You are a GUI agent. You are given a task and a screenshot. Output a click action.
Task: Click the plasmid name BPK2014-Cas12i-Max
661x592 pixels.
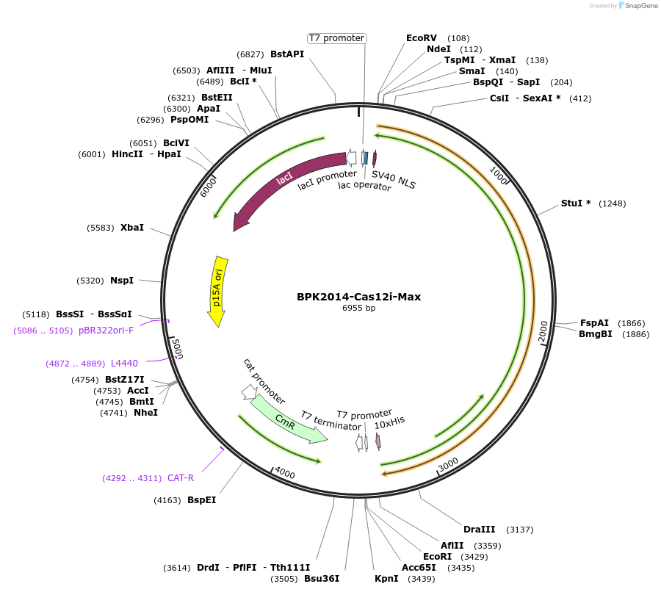coord(358,297)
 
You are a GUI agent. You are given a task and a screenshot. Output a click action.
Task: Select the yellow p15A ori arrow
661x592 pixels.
coord(217,290)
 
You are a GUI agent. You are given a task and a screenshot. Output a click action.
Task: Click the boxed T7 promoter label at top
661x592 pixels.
coord(336,38)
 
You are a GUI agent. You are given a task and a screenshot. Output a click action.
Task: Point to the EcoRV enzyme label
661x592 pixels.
coord(422,38)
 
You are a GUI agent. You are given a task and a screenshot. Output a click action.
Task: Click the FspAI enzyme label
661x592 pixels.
coord(594,323)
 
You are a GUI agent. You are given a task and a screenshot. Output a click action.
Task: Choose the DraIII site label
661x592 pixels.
coord(479,530)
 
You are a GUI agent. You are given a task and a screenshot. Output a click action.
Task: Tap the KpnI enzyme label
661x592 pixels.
coord(386,579)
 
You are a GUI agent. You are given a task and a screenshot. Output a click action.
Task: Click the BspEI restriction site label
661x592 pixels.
coord(201,500)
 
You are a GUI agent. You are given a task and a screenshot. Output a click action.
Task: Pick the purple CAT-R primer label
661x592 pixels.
coord(181,478)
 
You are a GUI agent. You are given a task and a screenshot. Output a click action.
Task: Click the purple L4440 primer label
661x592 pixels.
coord(124,364)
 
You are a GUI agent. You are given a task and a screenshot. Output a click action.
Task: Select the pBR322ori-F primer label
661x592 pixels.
coord(106,331)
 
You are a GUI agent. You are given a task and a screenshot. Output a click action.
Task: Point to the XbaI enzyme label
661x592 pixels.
coord(132,228)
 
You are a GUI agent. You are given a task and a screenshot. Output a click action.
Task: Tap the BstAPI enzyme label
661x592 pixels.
coord(287,54)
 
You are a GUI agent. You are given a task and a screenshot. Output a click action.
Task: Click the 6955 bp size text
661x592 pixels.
coord(358,308)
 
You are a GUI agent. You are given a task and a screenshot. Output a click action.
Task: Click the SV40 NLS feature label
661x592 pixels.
coord(394,180)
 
